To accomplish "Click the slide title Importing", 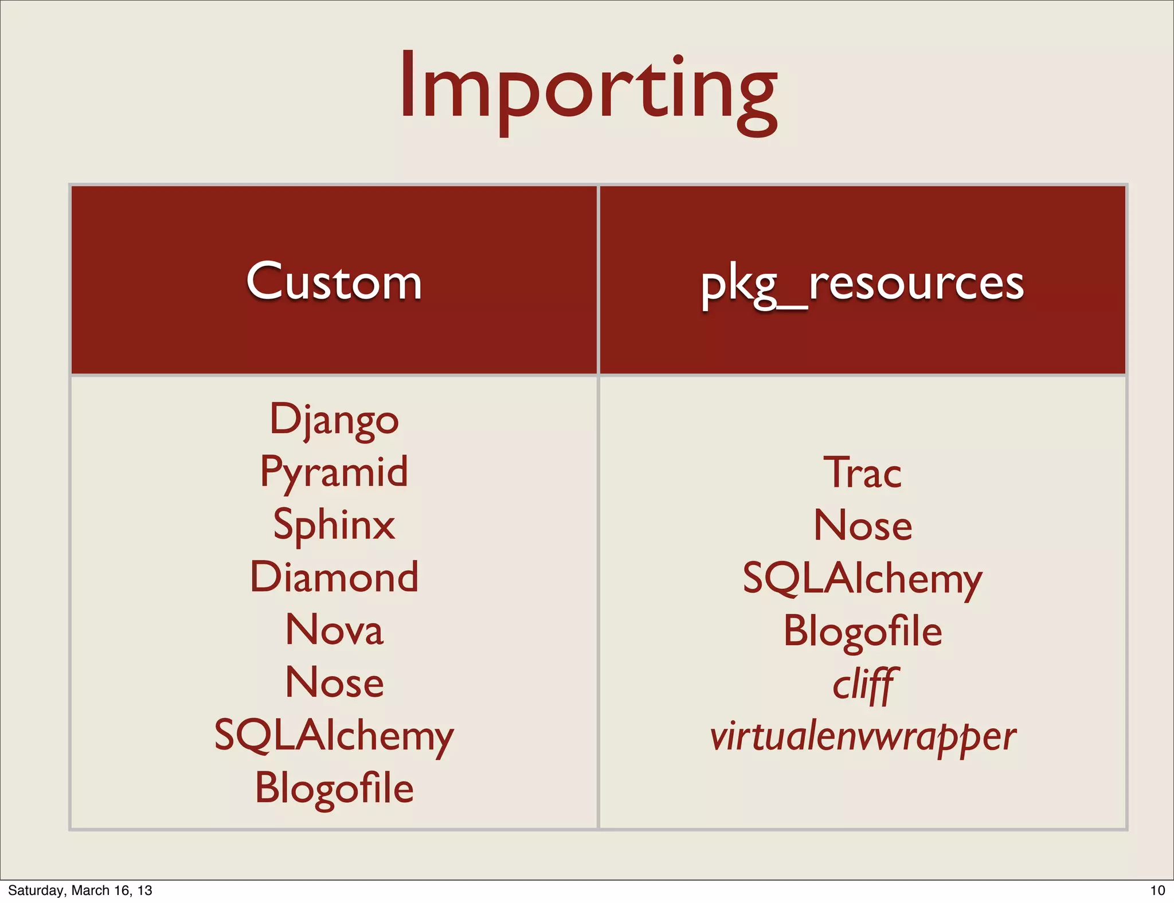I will (x=588, y=89).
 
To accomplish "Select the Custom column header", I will (x=334, y=281).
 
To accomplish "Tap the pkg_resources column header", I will (x=862, y=284).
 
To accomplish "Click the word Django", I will (x=334, y=420).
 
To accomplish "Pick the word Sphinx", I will (x=334, y=525).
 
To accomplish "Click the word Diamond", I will (x=334, y=577).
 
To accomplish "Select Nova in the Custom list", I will (x=334, y=630).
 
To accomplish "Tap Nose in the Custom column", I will (x=334, y=682).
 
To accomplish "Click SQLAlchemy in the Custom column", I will (x=334, y=736).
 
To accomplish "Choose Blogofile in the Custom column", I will (x=334, y=788).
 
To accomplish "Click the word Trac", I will (x=862, y=473).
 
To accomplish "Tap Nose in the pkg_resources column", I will (x=862, y=525).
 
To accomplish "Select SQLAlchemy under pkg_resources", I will (x=862, y=578).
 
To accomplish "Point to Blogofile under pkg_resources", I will (x=862, y=631).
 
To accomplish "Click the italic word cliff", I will (x=862, y=685).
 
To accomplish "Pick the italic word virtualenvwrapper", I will (x=862, y=737).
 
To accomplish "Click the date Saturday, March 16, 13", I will (x=80, y=890).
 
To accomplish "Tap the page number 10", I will (x=1157, y=890).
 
